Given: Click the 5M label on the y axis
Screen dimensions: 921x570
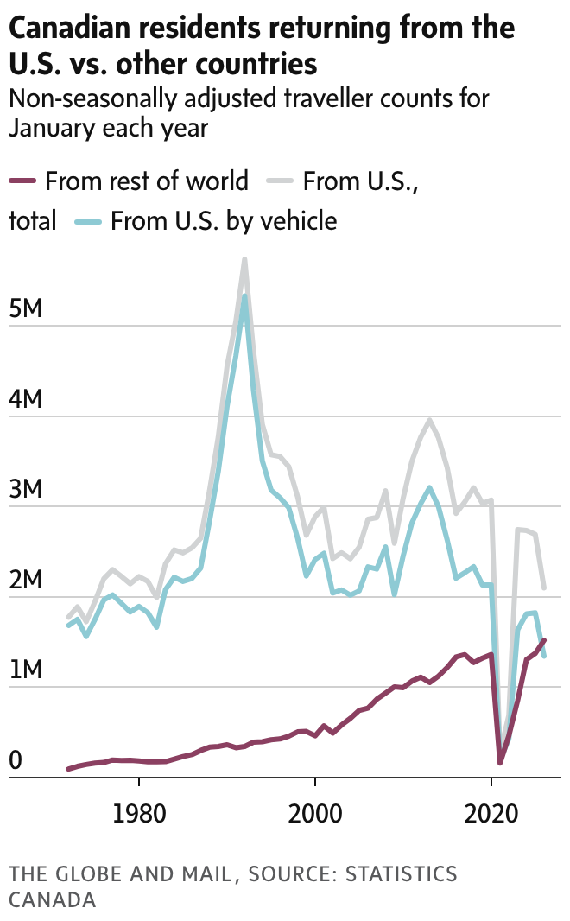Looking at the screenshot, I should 26,310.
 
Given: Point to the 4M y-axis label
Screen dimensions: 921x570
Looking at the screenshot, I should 26,400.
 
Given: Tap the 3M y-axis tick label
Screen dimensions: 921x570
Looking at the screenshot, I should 26,490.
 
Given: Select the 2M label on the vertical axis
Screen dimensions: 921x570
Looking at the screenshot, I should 26,580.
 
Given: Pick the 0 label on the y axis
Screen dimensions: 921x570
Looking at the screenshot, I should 16,760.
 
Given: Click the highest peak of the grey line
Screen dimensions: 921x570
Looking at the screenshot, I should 245,258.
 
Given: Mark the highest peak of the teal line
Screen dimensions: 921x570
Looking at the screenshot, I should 245,295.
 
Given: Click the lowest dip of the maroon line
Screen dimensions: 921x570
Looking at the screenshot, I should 500,763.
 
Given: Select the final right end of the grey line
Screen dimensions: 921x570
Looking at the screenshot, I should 544,588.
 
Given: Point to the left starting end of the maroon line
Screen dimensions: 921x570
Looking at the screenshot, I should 68,768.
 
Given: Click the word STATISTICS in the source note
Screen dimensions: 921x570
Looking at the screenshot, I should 401,874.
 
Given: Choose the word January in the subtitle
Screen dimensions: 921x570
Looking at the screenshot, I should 52,128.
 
